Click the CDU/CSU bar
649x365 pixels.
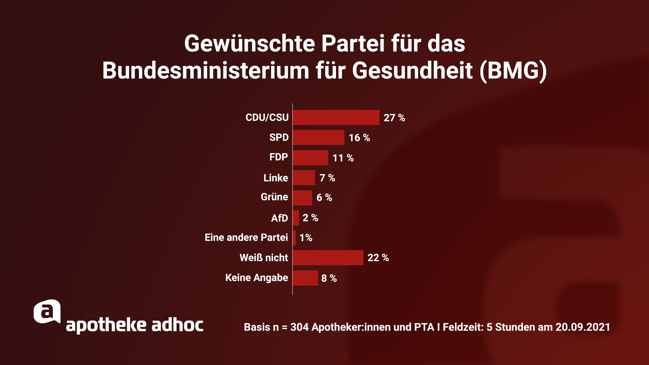(336, 117)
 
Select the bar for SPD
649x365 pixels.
(318, 137)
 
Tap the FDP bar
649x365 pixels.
(310, 157)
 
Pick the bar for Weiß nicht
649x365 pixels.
(328, 258)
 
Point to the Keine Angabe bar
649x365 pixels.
(305, 278)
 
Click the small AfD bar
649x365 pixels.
(296, 218)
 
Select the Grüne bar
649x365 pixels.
(302, 198)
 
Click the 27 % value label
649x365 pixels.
(394, 118)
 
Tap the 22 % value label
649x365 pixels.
(378, 258)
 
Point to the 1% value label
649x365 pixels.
(306, 238)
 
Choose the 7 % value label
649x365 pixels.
(327, 178)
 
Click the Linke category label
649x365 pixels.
(275, 178)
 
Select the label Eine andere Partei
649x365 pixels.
(246, 238)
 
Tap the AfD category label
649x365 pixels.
(279, 218)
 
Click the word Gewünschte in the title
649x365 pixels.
(249, 44)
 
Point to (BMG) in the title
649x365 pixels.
(513, 71)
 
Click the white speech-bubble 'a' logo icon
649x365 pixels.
(47, 311)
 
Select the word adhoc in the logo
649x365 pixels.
(177, 325)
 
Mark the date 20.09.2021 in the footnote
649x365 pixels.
(582, 327)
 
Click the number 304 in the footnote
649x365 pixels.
(299, 327)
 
